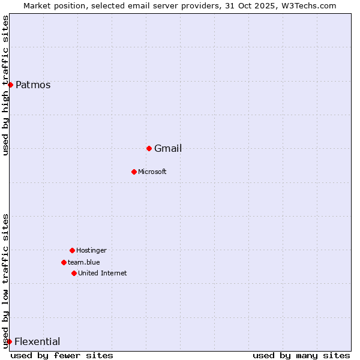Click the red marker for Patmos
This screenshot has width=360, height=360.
pyautogui.click(x=10, y=85)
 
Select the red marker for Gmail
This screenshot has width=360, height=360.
pyautogui.click(x=149, y=148)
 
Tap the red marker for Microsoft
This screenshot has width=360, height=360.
pyautogui.click(x=134, y=172)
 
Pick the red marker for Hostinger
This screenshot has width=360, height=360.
pyautogui.click(x=72, y=250)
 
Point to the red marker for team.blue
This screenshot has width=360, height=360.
pyautogui.click(x=64, y=262)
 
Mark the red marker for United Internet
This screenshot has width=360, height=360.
pyautogui.click(x=74, y=273)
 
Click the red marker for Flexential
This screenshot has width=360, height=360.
pyautogui.click(x=9, y=341)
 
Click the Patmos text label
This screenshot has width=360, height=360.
pyautogui.click(x=33, y=85)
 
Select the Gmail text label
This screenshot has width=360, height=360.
pyautogui.click(x=168, y=148)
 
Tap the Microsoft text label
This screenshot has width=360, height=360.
pyautogui.click(x=152, y=172)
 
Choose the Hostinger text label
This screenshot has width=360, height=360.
pyautogui.click(x=91, y=250)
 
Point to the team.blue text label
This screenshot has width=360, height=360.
pyautogui.click(x=84, y=262)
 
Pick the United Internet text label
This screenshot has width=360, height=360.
pyautogui.click(x=103, y=273)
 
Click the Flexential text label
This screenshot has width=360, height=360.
pyautogui.click(x=37, y=341)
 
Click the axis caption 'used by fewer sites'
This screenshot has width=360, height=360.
pyautogui.click(x=62, y=355)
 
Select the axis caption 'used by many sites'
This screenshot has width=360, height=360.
pyautogui.click(x=301, y=355)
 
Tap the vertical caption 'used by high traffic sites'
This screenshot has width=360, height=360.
pyautogui.click(x=5, y=86)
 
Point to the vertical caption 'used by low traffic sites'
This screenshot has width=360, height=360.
pyautogui.click(x=5, y=281)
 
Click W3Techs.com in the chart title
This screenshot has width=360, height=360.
pyautogui.click(x=308, y=5)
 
